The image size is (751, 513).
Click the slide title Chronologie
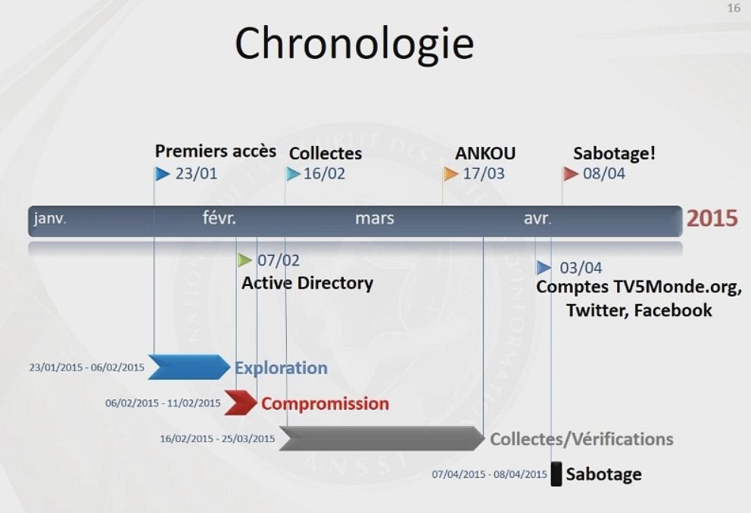(354, 44)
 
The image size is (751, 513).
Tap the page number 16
(733, 8)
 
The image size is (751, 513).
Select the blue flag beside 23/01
(162, 174)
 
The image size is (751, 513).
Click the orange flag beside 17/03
(451, 174)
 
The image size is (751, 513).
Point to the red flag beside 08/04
(571, 174)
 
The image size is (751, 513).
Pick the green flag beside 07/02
(245, 260)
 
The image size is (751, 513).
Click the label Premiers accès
(216, 151)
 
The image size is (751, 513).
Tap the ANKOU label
(485, 154)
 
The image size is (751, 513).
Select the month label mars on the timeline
(375, 219)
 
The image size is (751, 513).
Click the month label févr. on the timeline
(220, 219)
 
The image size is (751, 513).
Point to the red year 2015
(712, 219)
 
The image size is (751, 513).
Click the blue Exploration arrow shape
(189, 367)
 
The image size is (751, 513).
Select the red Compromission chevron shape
(240, 403)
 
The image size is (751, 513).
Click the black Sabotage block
(556, 474)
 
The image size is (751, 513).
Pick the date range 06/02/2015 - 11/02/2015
(163, 403)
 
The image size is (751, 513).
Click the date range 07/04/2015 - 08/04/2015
(489, 474)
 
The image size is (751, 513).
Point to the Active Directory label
(307, 284)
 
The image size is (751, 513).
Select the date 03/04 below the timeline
(581, 268)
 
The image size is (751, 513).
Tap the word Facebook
(673, 310)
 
